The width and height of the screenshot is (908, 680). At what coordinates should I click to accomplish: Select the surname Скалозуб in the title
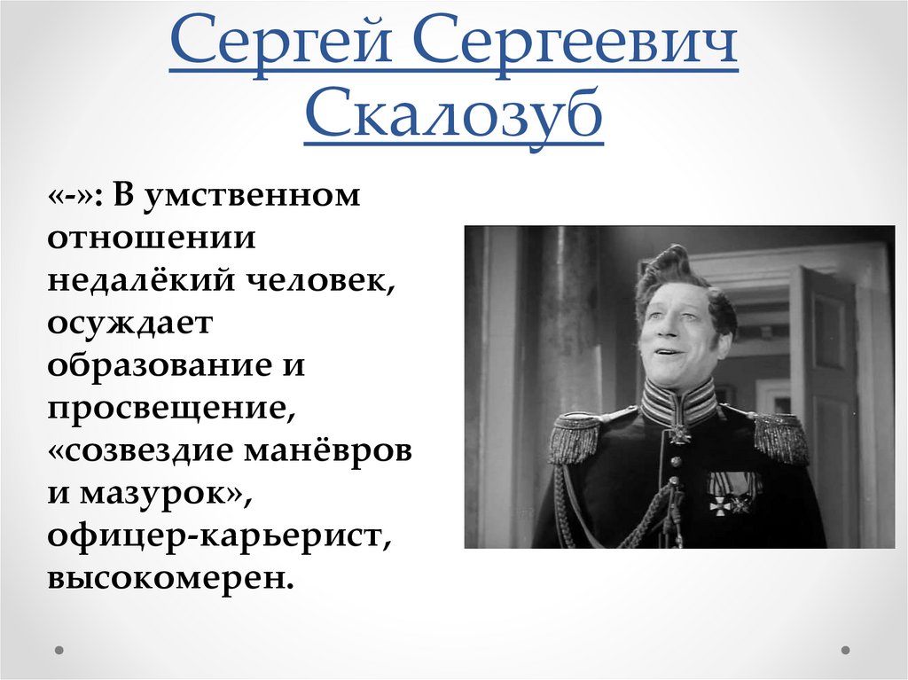tap(453, 116)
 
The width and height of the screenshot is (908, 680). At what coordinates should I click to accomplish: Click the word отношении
tap(152, 238)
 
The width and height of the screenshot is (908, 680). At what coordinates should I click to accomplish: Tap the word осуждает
tap(130, 324)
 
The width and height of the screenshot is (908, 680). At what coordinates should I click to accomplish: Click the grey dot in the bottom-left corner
tap(59, 650)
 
